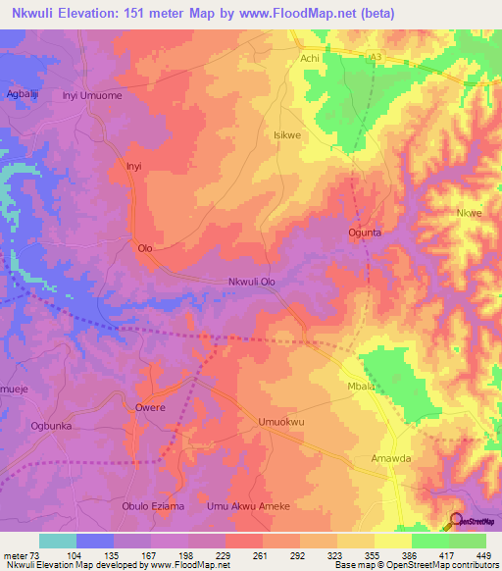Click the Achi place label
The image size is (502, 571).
(310, 59)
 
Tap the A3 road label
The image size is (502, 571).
(375, 59)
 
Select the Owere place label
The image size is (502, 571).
(150, 406)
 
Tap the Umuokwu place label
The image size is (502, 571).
(276, 422)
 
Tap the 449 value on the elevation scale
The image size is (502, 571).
(481, 554)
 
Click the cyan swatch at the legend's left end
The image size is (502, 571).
(57, 541)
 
